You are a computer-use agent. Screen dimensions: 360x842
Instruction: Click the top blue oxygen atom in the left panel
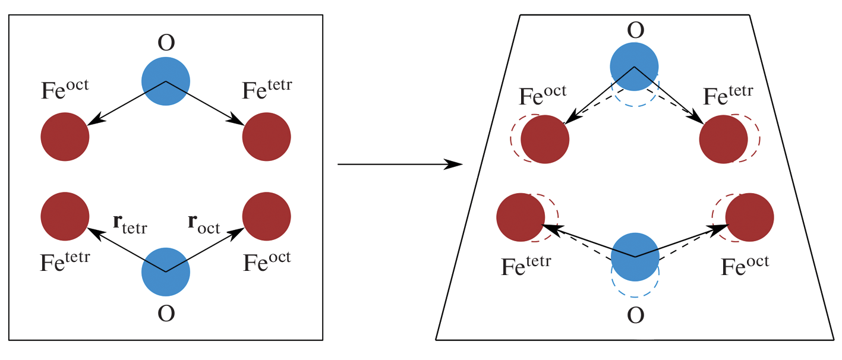click(x=166, y=81)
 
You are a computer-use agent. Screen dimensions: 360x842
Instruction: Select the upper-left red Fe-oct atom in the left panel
click(x=65, y=137)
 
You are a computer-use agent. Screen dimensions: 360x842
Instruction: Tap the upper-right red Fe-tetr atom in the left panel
click(x=267, y=137)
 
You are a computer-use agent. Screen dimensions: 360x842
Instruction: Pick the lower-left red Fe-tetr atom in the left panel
click(x=65, y=216)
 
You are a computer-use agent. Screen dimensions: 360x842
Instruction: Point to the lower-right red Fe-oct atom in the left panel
click(x=267, y=216)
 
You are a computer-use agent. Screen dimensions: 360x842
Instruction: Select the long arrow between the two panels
click(x=399, y=164)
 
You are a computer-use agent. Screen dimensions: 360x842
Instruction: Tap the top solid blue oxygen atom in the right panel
click(x=635, y=67)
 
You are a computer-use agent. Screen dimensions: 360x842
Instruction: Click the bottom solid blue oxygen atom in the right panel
click(x=635, y=257)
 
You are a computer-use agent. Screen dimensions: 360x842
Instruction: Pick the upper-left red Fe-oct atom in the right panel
click(x=545, y=140)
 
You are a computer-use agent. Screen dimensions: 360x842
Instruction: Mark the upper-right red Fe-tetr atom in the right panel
click(x=723, y=140)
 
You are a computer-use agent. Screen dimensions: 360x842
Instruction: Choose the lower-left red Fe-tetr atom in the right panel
click(x=521, y=217)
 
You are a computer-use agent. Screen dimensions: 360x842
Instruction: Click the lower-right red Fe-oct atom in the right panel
click(x=749, y=217)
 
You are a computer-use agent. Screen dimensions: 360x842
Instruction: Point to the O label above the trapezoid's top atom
click(x=635, y=30)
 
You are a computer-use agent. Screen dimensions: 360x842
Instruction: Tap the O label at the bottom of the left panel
click(x=166, y=313)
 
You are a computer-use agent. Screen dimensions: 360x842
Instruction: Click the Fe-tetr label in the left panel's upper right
click(x=267, y=90)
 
